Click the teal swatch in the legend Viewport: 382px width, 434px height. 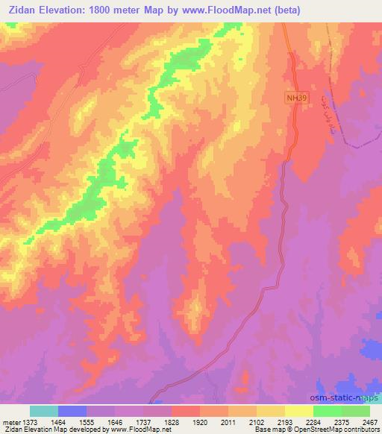(x=44, y=411)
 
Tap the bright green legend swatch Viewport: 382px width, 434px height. (x=328, y=411)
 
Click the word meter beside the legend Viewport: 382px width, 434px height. (x=10, y=421)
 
